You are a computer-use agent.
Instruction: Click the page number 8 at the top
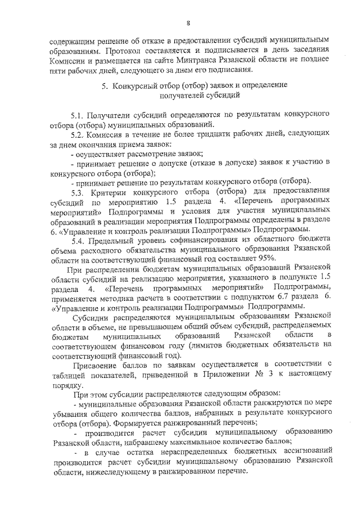click(188, 22)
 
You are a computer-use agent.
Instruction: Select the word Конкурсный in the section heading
click(138, 87)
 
